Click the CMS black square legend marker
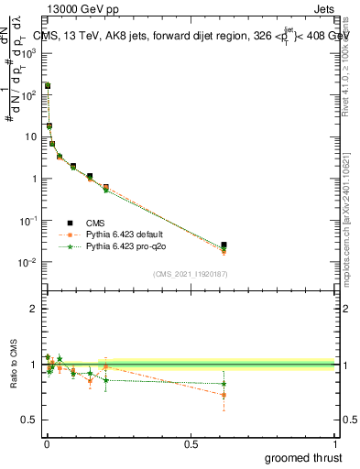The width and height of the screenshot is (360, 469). tap(70, 223)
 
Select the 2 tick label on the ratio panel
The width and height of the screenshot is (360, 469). tap(34, 309)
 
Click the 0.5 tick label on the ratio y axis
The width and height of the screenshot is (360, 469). tap(29, 420)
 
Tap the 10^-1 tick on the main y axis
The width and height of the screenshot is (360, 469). tap(28, 221)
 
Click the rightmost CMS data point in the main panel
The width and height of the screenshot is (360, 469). tap(224, 245)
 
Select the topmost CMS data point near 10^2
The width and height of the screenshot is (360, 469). tap(48, 85)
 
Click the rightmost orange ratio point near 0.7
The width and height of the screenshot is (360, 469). tap(224, 396)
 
